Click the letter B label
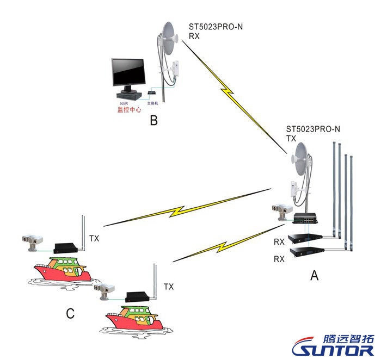(153, 120)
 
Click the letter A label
(314, 276)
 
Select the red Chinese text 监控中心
(129, 109)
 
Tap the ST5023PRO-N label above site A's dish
(313, 129)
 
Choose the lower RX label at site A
(279, 259)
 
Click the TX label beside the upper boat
(94, 238)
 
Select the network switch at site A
(305, 218)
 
